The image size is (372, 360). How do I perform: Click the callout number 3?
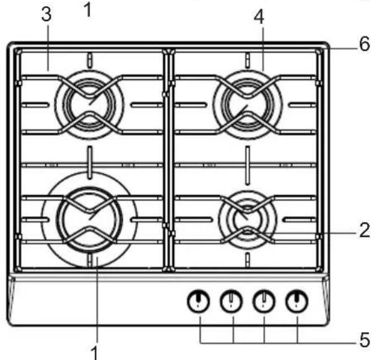coord(46,15)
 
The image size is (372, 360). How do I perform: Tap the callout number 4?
coord(259,17)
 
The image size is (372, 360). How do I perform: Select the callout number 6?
coord(365,43)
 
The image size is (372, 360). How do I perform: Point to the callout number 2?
coord(365,230)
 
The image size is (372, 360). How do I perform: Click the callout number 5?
coord(365,340)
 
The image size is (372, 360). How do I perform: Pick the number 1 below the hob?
coord(95,353)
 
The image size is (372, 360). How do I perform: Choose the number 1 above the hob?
coord(88,10)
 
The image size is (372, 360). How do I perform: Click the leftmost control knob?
coord(199,301)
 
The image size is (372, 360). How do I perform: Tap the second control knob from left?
coord(231,301)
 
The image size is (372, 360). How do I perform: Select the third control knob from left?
coord(264,301)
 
